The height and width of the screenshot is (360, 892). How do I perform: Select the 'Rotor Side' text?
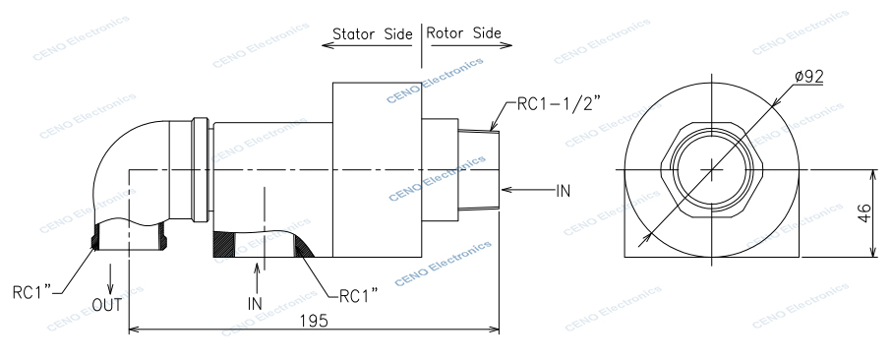click(464, 32)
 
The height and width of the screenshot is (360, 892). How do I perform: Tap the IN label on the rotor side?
click(564, 189)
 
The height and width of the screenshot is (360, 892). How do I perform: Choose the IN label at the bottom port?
click(255, 304)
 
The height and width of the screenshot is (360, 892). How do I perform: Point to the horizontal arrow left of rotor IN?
click(525, 188)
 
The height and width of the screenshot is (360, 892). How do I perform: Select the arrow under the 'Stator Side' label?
click(369, 46)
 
